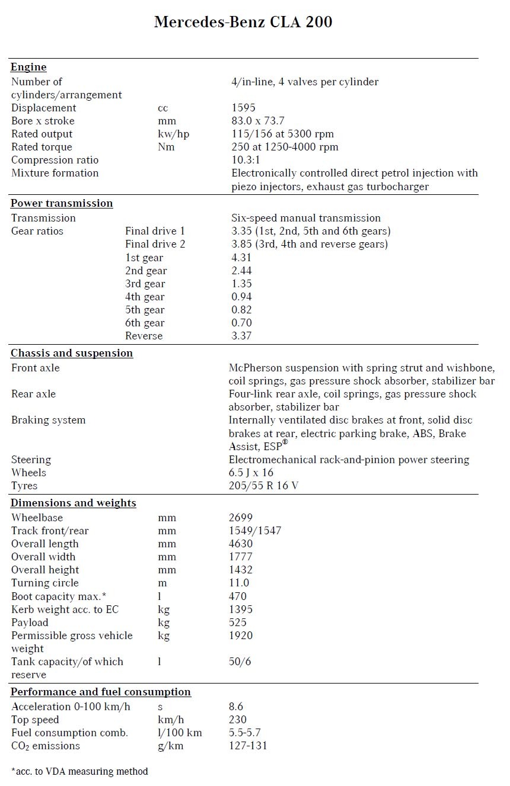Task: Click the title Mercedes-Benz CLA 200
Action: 243,23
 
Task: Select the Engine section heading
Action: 28,67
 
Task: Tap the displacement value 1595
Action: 243,108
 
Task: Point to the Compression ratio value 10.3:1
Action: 245,160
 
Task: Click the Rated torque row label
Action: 42,147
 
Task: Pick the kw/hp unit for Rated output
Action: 169,134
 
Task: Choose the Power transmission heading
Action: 62,203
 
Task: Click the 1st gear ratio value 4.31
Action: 241,258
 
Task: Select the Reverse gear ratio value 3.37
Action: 241,336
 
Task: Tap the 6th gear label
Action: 145,323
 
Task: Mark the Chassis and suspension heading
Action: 72,353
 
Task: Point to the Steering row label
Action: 31,460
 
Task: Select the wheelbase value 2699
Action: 240,518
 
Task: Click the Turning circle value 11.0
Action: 239,583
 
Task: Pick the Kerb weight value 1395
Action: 240,609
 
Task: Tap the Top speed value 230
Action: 238,720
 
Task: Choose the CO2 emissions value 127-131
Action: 248,746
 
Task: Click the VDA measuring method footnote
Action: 79,771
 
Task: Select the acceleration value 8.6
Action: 236,707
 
